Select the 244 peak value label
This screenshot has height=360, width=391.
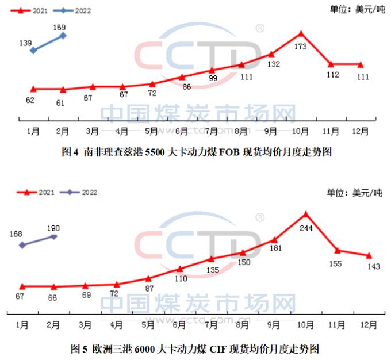coord(306,227)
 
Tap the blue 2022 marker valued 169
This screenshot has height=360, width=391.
coord(63,36)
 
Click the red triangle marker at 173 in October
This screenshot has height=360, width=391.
coord(301,33)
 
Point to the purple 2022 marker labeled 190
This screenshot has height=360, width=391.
coord(54,236)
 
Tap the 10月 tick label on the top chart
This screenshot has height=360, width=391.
coord(301,131)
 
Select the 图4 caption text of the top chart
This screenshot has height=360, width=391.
coord(197,152)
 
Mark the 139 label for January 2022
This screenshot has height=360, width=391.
coord(25,43)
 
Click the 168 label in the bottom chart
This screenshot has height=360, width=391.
coord(16,234)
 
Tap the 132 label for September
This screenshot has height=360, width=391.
coord(273,64)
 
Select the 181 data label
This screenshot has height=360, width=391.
coord(274,249)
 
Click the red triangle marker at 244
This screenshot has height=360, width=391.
coord(305,215)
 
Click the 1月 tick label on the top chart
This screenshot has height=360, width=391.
coord(33,131)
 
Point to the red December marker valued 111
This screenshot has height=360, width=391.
coord(361,64)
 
